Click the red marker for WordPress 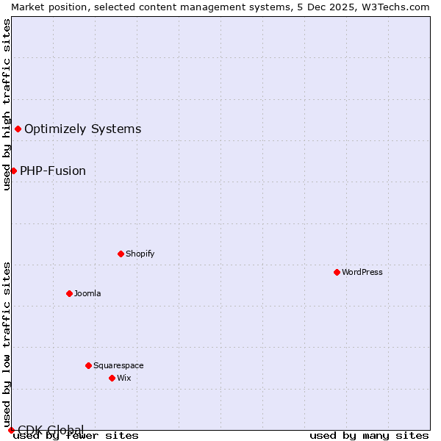337,272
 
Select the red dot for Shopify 121,254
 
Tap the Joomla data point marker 69,293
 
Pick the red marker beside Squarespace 88,365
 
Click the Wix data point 112,378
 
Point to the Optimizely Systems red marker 18,129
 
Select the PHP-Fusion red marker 13,171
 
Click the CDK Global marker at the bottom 11,430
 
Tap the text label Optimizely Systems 82,129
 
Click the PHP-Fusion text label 53,171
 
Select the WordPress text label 362,272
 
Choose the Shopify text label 140,254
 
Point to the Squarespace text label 118,365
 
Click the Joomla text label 87,293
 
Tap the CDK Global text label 51,429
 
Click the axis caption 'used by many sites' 369,436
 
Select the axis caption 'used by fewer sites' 76,436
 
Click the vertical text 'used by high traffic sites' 7,104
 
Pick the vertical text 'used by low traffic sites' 7,344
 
